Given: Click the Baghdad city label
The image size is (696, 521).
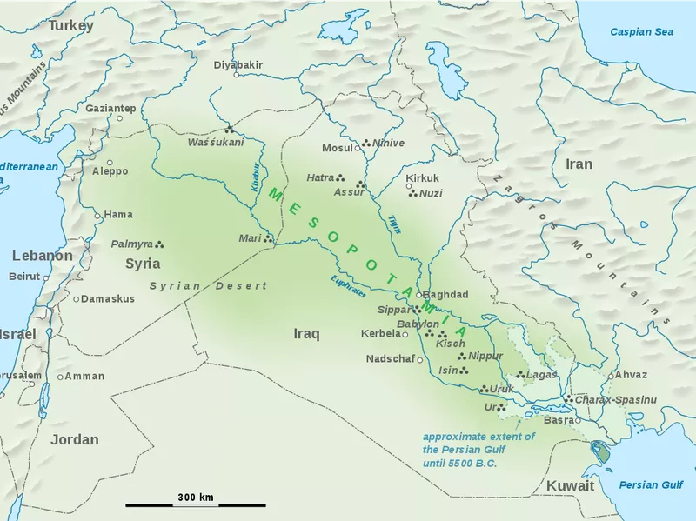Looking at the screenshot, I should click(x=447, y=295).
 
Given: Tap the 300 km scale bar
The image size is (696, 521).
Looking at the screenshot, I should click(x=195, y=504).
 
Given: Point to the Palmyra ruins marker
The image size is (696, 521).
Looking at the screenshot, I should click(x=159, y=244).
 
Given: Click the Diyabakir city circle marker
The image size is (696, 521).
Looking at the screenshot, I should click(x=237, y=76).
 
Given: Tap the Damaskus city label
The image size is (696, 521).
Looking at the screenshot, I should click(x=109, y=298).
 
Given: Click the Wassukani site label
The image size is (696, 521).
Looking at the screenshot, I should click(x=216, y=142).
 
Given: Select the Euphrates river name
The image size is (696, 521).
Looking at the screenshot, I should click(x=348, y=288).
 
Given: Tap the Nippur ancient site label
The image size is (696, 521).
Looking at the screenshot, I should click(x=485, y=356).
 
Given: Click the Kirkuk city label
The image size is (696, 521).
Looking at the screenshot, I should click(x=423, y=178).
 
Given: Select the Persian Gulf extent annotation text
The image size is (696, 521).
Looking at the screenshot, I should click(x=478, y=450).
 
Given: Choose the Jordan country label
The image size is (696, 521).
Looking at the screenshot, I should click(x=74, y=439).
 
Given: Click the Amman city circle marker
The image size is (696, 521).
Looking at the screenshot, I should click(x=60, y=377).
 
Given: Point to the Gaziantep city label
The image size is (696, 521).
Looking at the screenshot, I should click(x=110, y=108).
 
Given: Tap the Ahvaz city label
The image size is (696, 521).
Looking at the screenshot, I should click(x=631, y=374).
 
